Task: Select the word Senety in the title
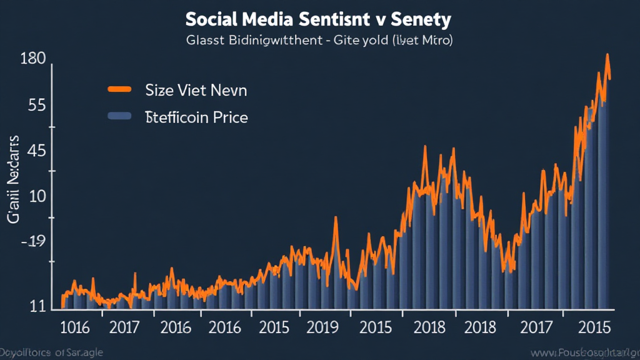[x=422, y=19]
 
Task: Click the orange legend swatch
[x=119, y=89]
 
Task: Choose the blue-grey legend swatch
[x=119, y=116]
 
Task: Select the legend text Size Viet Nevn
[x=196, y=90]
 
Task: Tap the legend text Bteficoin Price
[x=196, y=117]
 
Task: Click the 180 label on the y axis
[x=32, y=59]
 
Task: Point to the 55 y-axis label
[x=37, y=105]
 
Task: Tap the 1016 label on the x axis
[x=74, y=327]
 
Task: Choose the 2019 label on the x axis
[x=323, y=327]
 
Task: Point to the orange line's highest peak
[x=607, y=55]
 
